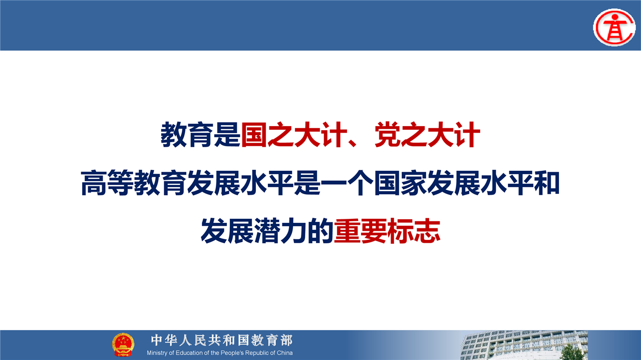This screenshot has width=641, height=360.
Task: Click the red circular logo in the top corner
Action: click(614, 28)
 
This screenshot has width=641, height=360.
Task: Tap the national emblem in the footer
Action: click(123, 344)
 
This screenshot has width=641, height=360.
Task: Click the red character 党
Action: click(388, 135)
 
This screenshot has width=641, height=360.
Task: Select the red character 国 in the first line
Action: click(254, 135)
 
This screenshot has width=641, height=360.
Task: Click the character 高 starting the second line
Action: click(94, 183)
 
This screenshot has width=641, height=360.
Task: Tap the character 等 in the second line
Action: click(120, 183)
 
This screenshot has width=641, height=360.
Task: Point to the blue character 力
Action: click(293, 231)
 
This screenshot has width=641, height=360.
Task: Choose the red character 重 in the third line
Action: click(347, 231)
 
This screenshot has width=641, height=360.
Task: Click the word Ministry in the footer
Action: click(157, 353)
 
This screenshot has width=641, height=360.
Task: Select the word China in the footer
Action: click(284, 353)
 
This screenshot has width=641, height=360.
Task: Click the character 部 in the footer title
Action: click(286, 340)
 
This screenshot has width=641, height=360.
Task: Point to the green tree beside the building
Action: click(572, 352)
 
